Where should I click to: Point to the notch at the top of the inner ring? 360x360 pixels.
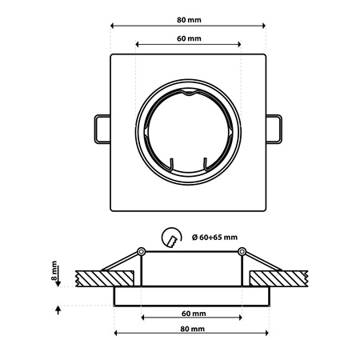tap(189, 94)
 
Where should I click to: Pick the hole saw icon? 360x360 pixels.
tap(170, 238)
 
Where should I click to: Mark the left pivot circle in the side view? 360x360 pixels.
tap(141, 253)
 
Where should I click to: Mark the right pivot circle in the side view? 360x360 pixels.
tap(240, 253)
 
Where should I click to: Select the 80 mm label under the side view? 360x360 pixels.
tap(190, 329)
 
